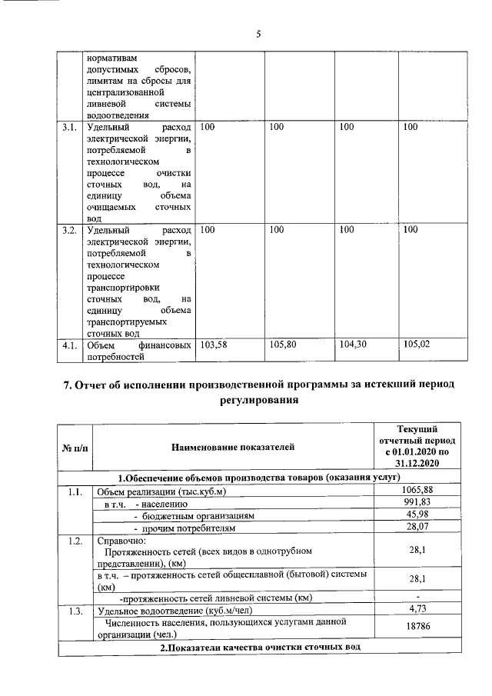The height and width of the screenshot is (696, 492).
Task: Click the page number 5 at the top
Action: pyautogui.click(x=258, y=33)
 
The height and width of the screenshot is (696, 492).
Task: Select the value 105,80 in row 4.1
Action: pyautogui.click(x=284, y=345)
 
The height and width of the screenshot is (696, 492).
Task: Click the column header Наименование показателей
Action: pyautogui.click(x=232, y=446)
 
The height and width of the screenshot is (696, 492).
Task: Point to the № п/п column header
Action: pyautogui.click(x=75, y=446)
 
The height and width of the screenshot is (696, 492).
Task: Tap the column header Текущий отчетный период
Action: pyautogui.click(x=417, y=446)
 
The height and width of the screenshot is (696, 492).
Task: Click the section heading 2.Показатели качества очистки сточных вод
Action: pyautogui.click(x=260, y=648)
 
